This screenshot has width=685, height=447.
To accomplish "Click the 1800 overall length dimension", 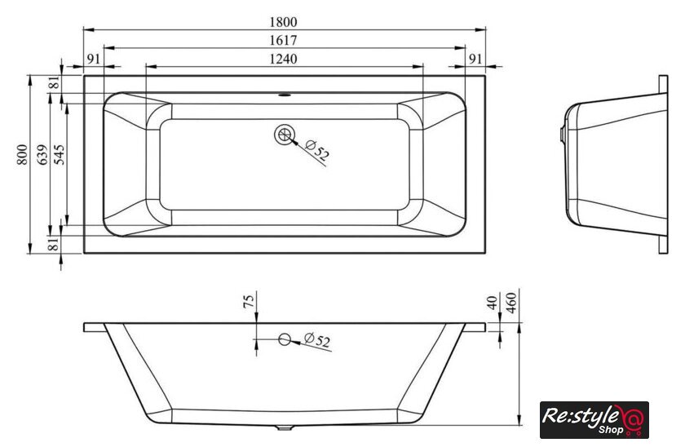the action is pyautogui.click(x=283, y=21).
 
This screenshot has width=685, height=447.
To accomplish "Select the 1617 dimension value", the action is pyautogui.click(x=283, y=40).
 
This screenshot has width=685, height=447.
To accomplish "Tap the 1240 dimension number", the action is pyautogui.click(x=283, y=59).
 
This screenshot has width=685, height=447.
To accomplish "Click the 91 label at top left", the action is pyautogui.click(x=94, y=59).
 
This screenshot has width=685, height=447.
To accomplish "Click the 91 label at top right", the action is pyautogui.click(x=475, y=59).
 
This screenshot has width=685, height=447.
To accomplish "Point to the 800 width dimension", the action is pyautogui.click(x=22, y=155).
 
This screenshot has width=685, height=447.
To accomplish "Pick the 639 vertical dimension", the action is pyautogui.click(x=42, y=155).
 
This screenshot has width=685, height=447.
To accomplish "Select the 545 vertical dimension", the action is pyautogui.click(x=59, y=155).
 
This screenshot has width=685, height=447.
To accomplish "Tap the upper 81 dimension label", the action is pyautogui.click(x=54, y=82).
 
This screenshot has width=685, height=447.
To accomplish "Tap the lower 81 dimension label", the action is pyautogui.click(x=53, y=244).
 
